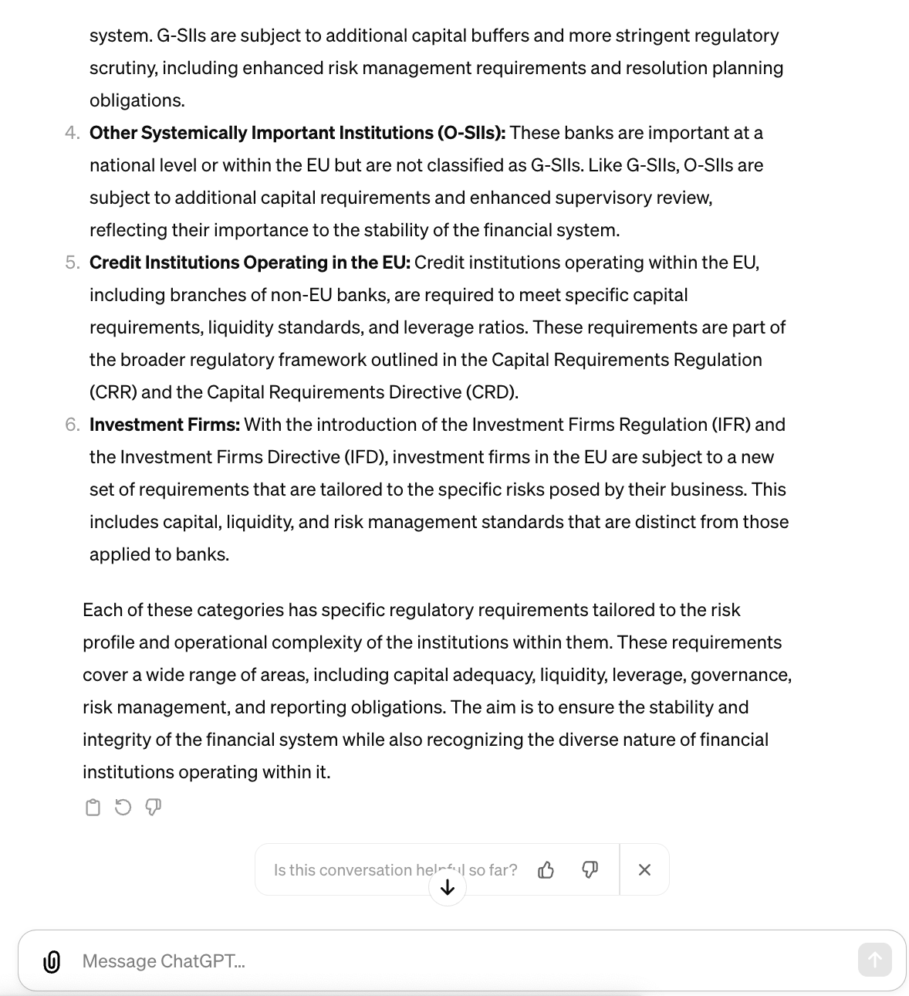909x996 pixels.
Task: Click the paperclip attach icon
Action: coord(52,961)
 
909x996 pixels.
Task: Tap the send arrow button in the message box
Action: coord(874,960)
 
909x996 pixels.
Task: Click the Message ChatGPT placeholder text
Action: coord(164,961)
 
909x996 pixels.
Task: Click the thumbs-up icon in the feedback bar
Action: coord(546,870)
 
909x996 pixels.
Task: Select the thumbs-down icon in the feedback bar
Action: coord(590,870)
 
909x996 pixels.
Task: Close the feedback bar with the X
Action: coord(644,870)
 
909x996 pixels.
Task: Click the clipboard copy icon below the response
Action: coord(93,808)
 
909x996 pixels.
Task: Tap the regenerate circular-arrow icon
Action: coord(123,808)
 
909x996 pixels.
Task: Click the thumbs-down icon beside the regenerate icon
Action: coord(154,808)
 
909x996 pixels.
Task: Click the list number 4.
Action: coord(72,133)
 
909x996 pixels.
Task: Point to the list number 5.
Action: coord(72,263)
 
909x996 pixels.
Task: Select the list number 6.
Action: coord(72,425)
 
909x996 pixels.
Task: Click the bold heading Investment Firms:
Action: coord(164,425)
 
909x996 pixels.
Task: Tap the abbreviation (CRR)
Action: coord(113,392)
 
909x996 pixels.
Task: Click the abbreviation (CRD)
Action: coord(492,392)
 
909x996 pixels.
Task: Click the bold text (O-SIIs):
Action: coord(471,133)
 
